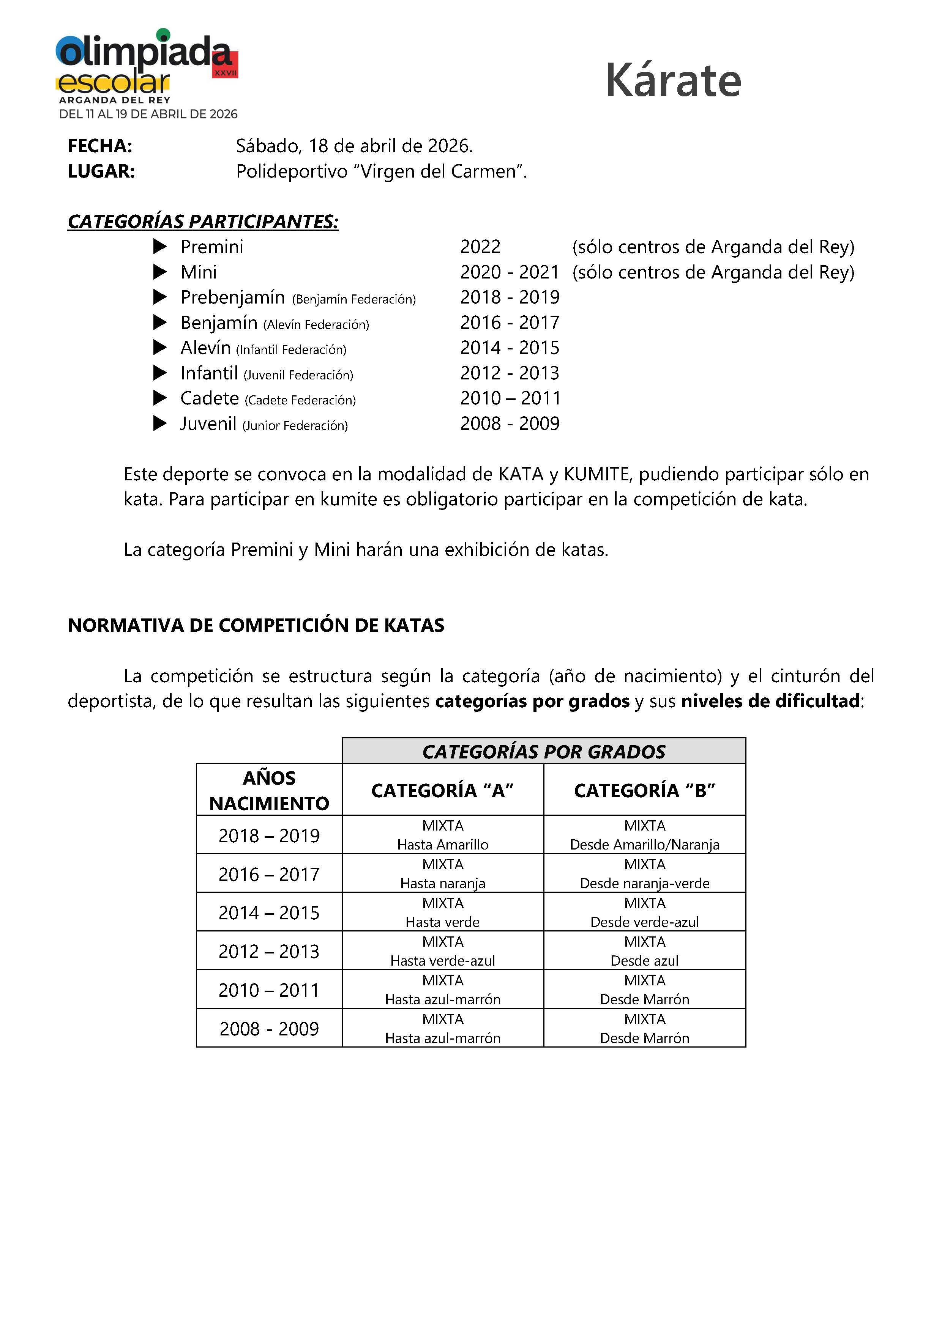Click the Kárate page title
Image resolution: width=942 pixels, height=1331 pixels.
(673, 80)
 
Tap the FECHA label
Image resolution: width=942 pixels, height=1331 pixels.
(100, 146)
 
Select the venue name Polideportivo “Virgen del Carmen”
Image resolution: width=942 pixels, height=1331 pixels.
(381, 171)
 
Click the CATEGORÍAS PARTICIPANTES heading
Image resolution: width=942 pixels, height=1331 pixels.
(203, 222)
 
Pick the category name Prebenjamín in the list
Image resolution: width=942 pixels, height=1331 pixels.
(233, 297)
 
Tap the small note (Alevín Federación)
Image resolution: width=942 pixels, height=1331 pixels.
(316, 325)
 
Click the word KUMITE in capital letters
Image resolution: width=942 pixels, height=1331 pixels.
(596, 474)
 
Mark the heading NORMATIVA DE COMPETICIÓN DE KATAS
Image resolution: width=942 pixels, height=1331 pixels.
(256, 625)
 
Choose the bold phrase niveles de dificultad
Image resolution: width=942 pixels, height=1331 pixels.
(770, 701)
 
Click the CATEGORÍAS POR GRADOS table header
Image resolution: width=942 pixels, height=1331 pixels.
(543, 751)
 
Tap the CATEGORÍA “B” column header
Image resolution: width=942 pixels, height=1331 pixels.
(644, 790)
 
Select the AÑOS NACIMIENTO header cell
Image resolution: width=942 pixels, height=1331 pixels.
(269, 790)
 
